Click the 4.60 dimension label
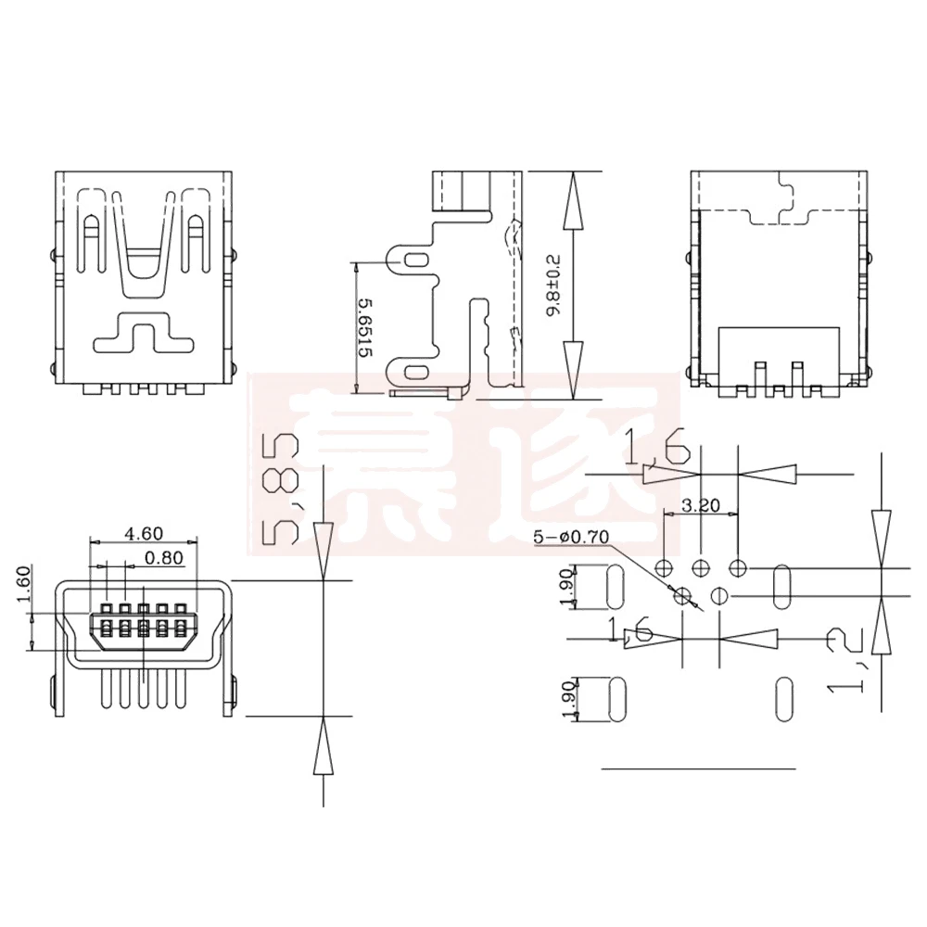(144, 532)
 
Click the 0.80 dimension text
(166, 557)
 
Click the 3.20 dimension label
(700, 506)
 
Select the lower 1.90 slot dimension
(568, 698)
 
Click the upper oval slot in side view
(418, 261)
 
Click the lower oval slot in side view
(418, 373)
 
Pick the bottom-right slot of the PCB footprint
(784, 697)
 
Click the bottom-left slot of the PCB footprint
(615, 698)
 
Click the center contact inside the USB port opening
(144, 619)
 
